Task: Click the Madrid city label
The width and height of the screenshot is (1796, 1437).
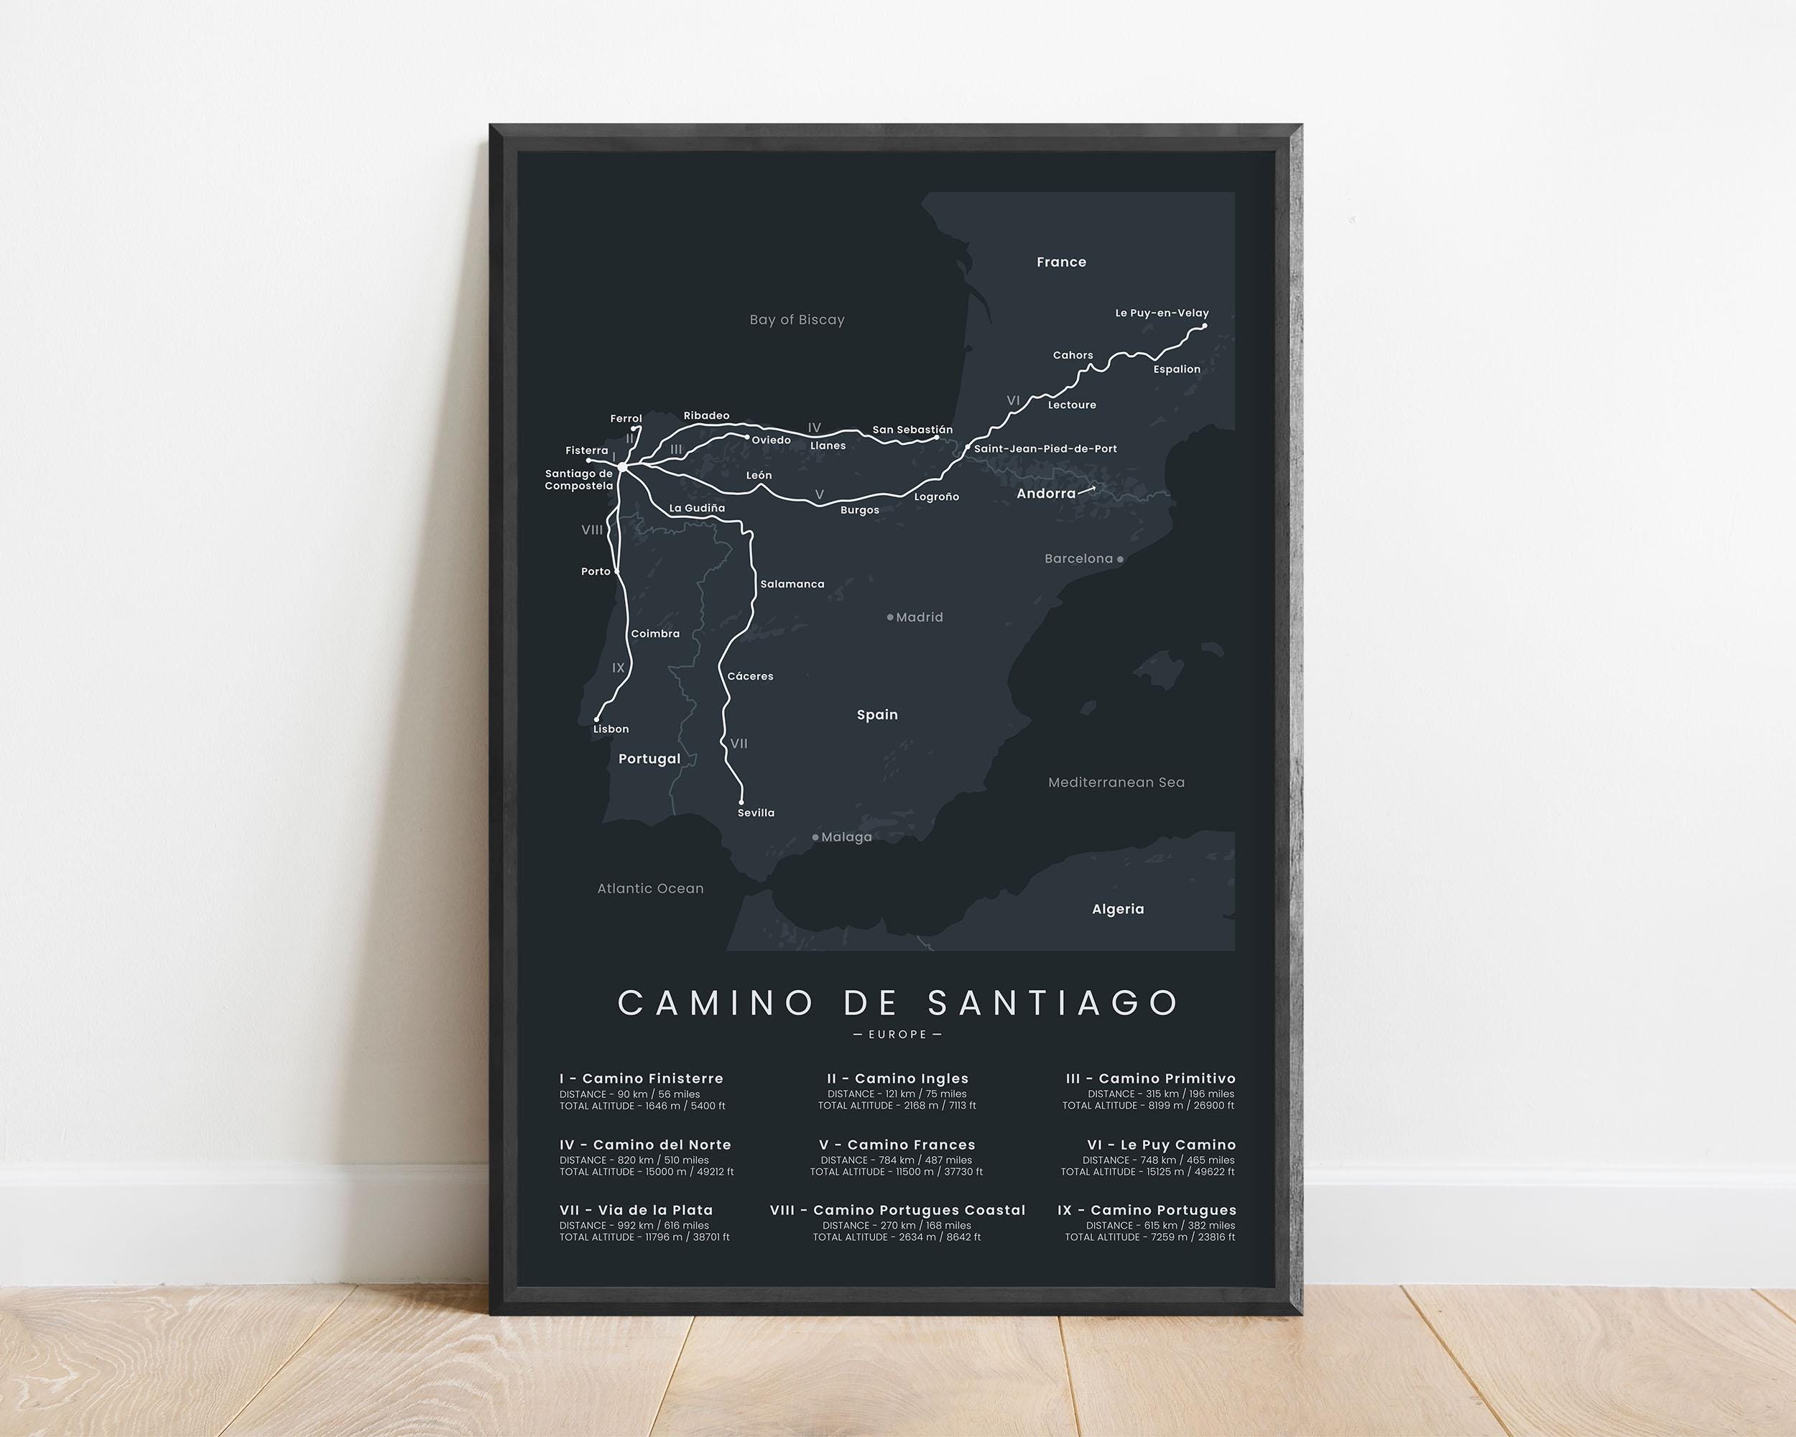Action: (x=919, y=617)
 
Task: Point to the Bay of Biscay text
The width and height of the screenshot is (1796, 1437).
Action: (x=797, y=320)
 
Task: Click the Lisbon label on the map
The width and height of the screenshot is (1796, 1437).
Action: (x=611, y=729)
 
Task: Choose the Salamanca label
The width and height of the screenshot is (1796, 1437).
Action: (x=792, y=584)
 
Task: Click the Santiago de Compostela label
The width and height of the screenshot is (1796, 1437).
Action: (x=579, y=480)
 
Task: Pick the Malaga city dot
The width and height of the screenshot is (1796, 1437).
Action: (x=815, y=837)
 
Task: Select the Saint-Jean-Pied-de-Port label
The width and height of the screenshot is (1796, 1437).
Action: (x=1045, y=448)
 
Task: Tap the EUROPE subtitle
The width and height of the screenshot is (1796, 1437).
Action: (x=897, y=1035)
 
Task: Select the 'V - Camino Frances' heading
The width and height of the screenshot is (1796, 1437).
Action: (x=897, y=1145)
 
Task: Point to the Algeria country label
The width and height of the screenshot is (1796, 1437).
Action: (x=1117, y=909)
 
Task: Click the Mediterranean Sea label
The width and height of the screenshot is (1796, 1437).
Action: (x=1116, y=782)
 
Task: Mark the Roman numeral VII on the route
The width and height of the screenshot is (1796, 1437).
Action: (x=738, y=743)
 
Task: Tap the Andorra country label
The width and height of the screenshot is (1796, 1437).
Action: (x=1045, y=493)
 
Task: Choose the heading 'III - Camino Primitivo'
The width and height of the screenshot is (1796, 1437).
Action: (x=1149, y=1078)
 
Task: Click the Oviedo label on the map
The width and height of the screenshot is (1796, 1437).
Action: (x=771, y=440)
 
